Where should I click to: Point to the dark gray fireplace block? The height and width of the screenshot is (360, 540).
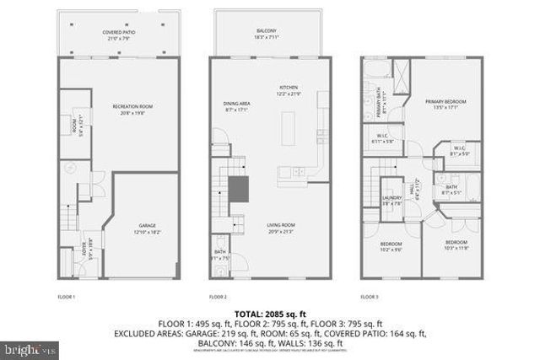point(241,188)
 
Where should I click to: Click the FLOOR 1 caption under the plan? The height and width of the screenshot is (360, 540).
point(66,297)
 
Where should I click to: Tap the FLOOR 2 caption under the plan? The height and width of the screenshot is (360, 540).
point(219,297)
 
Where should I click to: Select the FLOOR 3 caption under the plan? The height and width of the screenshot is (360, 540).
point(370,297)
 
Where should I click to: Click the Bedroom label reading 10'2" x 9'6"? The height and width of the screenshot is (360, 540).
point(390,245)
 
